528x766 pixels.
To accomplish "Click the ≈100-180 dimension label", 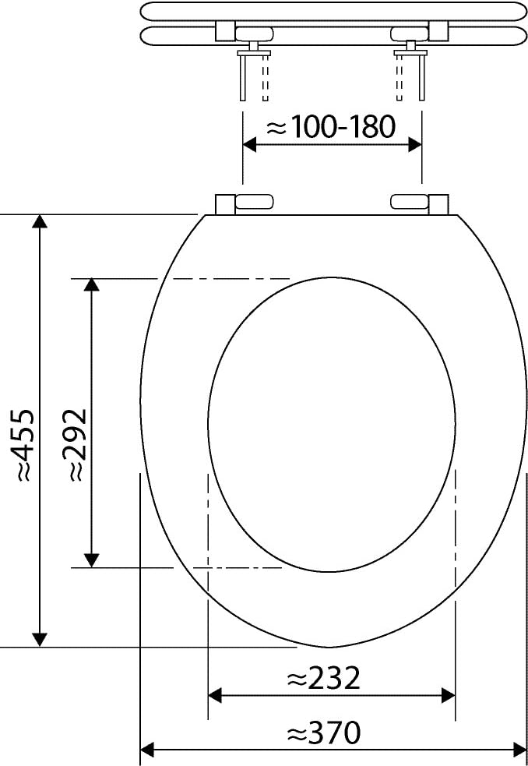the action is (x=330, y=127).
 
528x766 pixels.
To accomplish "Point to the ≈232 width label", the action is (x=323, y=679).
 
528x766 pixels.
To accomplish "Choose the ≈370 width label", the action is (x=323, y=732).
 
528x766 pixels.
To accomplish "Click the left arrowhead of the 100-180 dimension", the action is (x=249, y=145).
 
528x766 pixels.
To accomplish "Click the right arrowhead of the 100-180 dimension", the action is (x=415, y=145).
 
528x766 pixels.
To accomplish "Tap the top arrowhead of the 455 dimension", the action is (x=40, y=221).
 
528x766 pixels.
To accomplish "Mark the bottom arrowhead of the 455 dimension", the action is (x=40, y=640).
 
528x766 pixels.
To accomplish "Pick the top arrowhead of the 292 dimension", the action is (x=91, y=285).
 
